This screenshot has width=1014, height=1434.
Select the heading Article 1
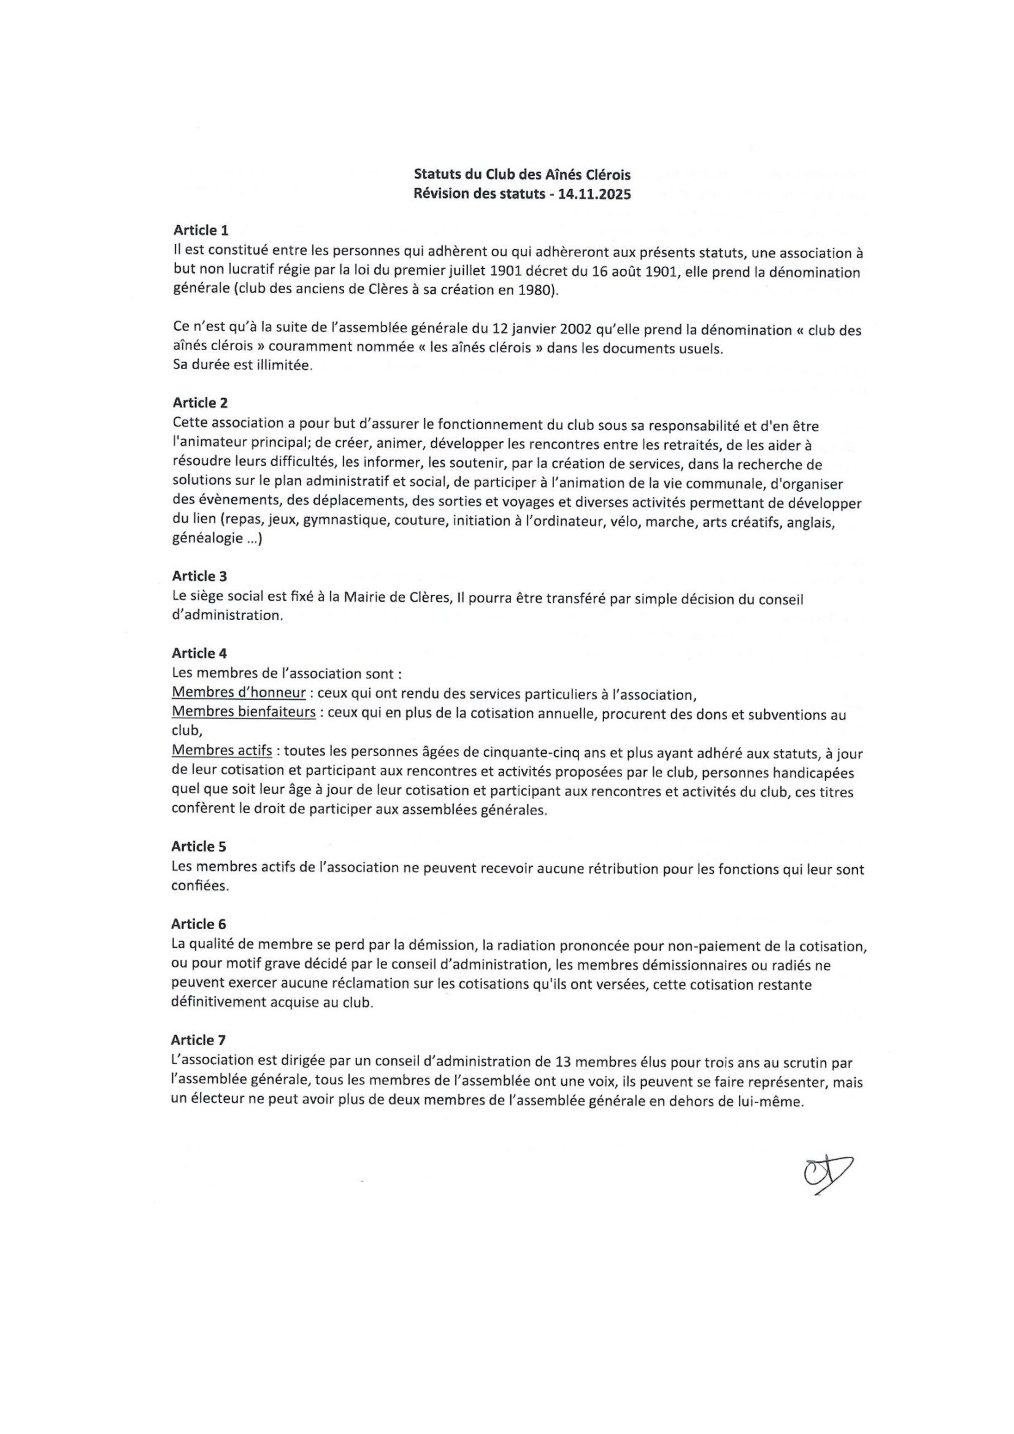tap(201, 231)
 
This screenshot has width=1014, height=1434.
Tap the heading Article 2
tap(201, 403)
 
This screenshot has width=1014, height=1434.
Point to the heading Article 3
tap(201, 575)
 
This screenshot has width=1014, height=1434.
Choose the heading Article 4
tap(200, 653)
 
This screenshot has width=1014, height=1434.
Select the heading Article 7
tap(199, 1040)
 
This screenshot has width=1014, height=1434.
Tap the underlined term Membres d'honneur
tap(239, 693)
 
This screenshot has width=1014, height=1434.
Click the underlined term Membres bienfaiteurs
tap(244, 713)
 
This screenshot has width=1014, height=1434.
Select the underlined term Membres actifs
tap(222, 751)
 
